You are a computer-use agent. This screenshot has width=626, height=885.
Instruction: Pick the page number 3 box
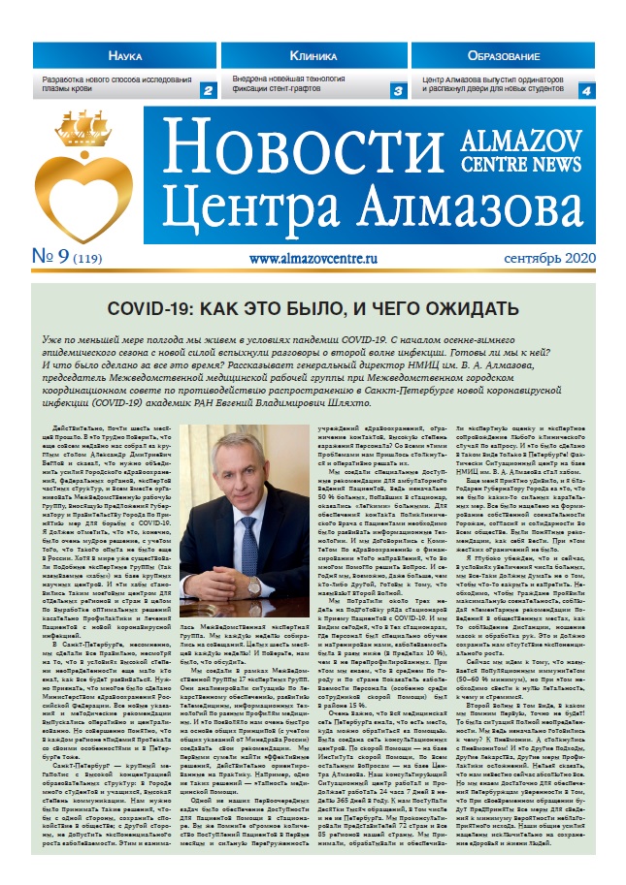point(397,90)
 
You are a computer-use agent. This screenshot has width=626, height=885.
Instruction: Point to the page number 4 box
point(585,90)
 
